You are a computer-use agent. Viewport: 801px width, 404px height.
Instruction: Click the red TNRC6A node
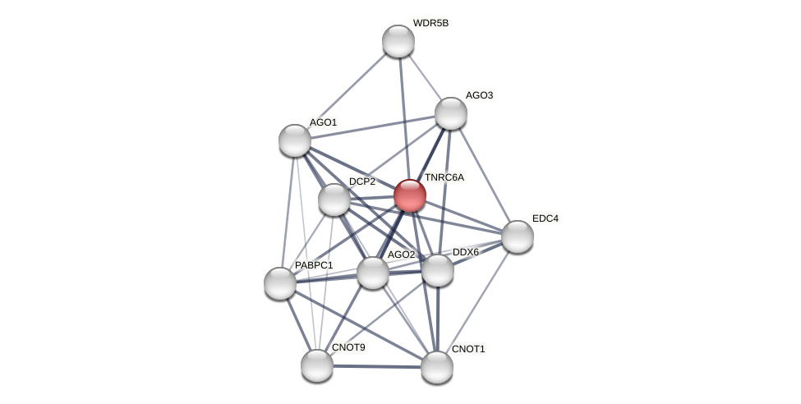coord(409,195)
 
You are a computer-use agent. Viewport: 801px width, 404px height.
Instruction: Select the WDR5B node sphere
coord(398,41)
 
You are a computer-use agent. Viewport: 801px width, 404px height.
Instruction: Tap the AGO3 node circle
coord(450,113)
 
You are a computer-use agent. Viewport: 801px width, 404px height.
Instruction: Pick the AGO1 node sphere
coord(295,140)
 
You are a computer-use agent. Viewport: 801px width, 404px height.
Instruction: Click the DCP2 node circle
coord(334,200)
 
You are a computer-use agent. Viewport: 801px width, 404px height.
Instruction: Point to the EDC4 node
coord(517,236)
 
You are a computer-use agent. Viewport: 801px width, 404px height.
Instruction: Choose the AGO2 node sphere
coord(372,273)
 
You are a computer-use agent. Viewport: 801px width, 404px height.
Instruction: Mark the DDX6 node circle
coord(437,270)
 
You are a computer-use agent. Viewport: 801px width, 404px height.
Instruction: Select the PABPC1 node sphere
coord(280,283)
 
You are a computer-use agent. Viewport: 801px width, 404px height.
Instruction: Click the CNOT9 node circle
coord(316,365)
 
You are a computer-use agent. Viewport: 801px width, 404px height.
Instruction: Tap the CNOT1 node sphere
coord(437,367)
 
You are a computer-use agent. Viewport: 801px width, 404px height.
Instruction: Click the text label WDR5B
coord(430,23)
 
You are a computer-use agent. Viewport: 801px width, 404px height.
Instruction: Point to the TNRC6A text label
coord(444,177)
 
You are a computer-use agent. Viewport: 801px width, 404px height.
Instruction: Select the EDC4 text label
coord(545,218)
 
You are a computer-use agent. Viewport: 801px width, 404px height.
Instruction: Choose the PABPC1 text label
coord(314,265)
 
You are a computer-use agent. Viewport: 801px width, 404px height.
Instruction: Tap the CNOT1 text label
coord(468,349)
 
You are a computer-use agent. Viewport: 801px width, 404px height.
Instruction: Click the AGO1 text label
coord(323,122)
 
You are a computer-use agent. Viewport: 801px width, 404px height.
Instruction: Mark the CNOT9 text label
coord(348,347)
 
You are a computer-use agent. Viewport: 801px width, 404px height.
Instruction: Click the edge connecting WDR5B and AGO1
coord(347,90)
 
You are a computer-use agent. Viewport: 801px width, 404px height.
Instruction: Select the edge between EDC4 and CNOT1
coord(477,301)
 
